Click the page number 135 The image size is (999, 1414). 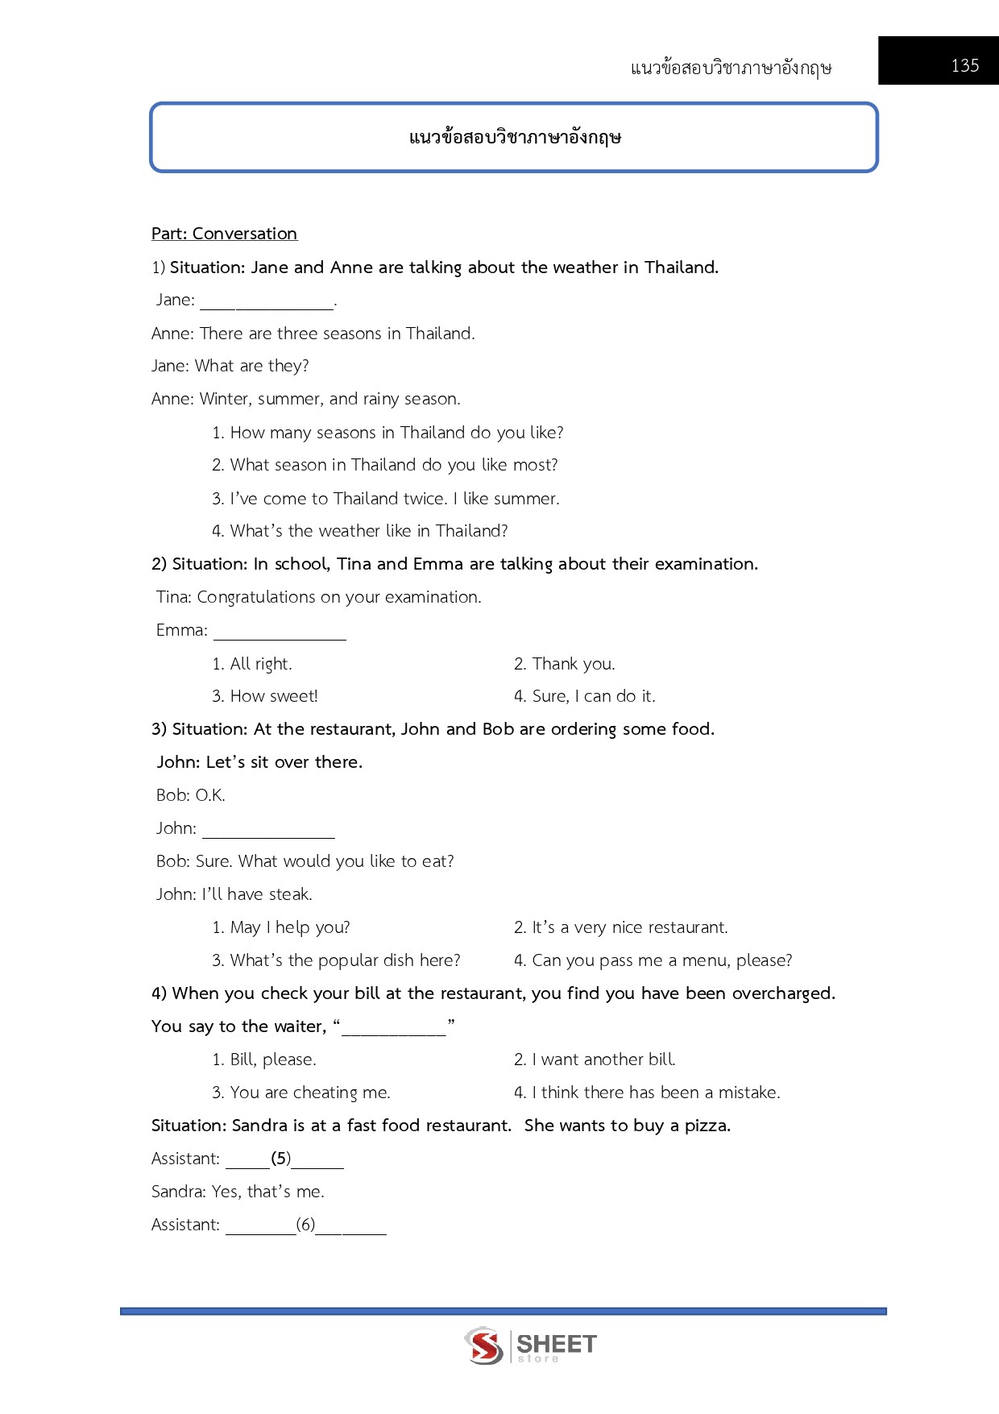click(x=964, y=65)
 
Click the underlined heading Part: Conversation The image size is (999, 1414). click(x=224, y=234)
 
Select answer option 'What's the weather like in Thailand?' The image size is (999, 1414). click(x=368, y=531)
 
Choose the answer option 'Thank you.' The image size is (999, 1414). click(x=573, y=664)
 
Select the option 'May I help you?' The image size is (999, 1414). click(x=289, y=927)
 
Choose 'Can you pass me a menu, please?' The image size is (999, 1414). click(x=661, y=960)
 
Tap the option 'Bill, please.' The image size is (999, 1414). click(x=272, y=1059)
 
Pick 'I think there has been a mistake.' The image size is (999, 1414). click(x=655, y=1093)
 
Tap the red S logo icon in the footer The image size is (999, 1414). click(x=483, y=1346)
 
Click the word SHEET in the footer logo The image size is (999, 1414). click(x=556, y=1343)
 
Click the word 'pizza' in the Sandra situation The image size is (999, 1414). click(x=706, y=1126)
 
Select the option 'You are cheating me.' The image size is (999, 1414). click(x=309, y=1093)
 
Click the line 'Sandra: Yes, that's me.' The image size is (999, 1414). click(x=238, y=1192)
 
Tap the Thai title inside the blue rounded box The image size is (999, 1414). click(x=515, y=137)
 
